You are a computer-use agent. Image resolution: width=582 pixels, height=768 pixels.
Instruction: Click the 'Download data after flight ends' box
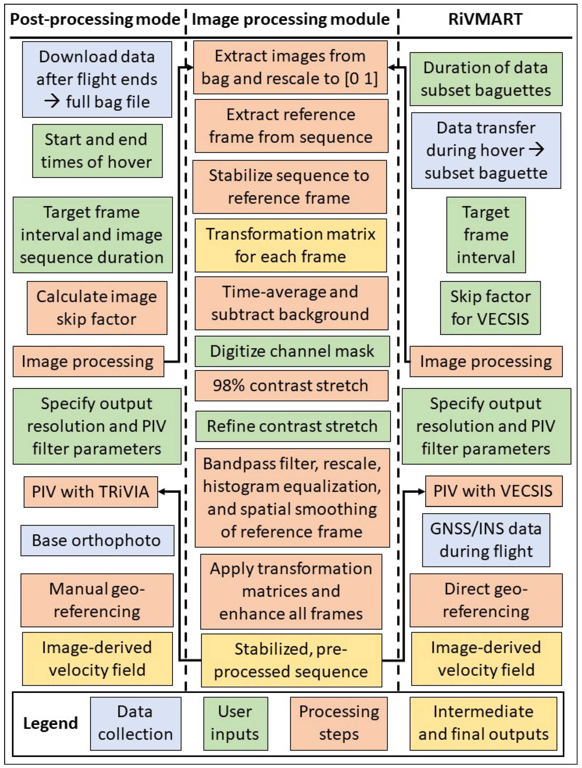97,80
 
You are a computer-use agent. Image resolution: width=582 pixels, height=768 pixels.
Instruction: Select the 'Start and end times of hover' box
97,151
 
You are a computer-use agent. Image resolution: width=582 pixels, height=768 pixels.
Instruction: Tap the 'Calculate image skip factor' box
97,308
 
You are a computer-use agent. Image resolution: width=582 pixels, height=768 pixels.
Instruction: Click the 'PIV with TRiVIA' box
91,492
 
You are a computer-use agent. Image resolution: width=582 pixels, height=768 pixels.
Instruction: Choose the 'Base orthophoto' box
97,541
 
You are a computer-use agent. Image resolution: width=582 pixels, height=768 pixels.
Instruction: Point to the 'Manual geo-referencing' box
97,600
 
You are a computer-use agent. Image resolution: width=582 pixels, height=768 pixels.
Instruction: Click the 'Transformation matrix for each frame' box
291,245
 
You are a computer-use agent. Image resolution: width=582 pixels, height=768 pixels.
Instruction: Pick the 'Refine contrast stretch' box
293,426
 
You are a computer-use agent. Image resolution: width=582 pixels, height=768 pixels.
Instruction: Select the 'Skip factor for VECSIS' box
490,308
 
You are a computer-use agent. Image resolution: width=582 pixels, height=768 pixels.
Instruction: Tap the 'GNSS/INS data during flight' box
486,540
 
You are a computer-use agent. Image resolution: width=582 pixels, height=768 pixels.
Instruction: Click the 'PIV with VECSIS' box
493,491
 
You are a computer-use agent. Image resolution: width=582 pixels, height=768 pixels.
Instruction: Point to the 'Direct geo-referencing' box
486,600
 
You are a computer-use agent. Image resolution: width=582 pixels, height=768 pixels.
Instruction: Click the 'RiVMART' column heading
485,19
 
